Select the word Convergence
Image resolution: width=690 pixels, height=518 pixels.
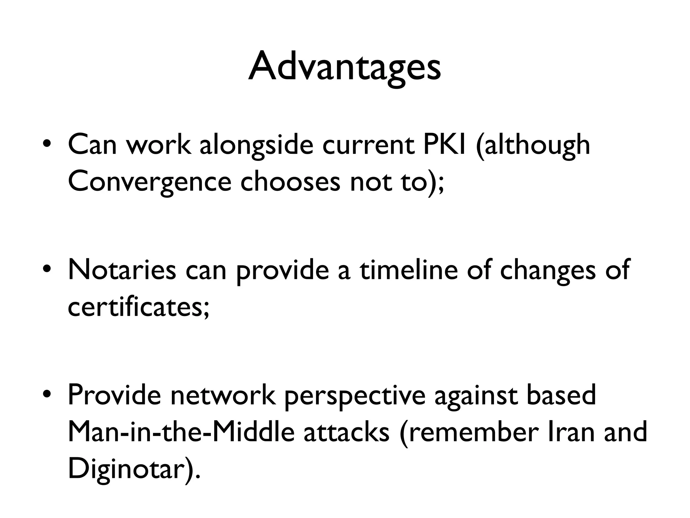tap(150, 182)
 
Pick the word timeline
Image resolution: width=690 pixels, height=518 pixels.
tap(409, 269)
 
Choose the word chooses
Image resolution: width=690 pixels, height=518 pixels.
tap(290, 182)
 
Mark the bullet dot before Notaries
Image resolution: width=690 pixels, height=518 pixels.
tap(47, 270)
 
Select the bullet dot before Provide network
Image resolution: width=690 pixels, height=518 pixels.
tap(47, 395)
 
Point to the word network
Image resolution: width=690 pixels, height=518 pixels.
tap(223, 395)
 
